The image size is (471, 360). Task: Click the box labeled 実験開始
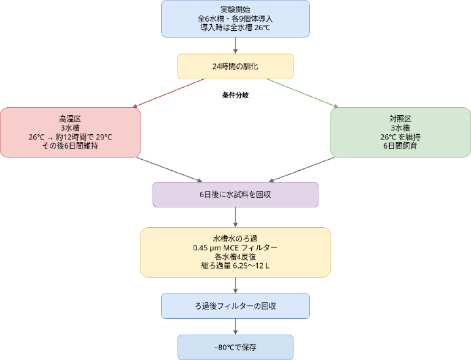235,18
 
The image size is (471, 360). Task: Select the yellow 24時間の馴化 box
235,66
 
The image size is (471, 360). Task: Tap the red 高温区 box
70,132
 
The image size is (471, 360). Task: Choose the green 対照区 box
400,132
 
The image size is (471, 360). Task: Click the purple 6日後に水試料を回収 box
235,194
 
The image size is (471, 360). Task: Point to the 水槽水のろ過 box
235,252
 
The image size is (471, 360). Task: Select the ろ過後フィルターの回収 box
235,306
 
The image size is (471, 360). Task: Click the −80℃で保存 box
235,347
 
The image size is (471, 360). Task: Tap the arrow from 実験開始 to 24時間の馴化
235,45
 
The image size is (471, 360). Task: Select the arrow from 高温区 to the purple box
170,170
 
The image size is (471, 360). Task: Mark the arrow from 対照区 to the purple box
301,170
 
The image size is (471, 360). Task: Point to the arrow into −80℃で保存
235,327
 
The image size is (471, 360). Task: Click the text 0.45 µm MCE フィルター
235,247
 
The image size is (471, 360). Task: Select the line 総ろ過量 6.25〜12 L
235,266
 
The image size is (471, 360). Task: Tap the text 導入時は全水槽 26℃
235,29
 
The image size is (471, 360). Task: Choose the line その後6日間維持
70,146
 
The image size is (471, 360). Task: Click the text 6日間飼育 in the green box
400,146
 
